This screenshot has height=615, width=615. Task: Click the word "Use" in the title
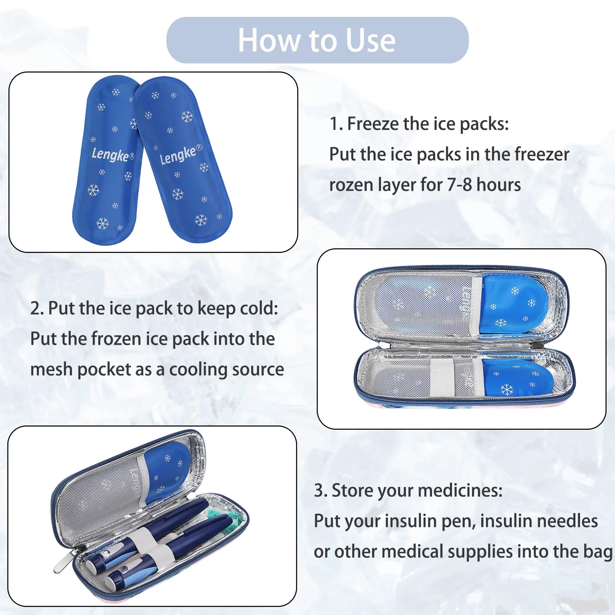(371, 40)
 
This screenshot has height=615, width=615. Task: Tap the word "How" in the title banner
(269, 40)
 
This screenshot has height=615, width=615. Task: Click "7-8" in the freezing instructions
(459, 185)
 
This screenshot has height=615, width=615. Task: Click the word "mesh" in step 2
(52, 369)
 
